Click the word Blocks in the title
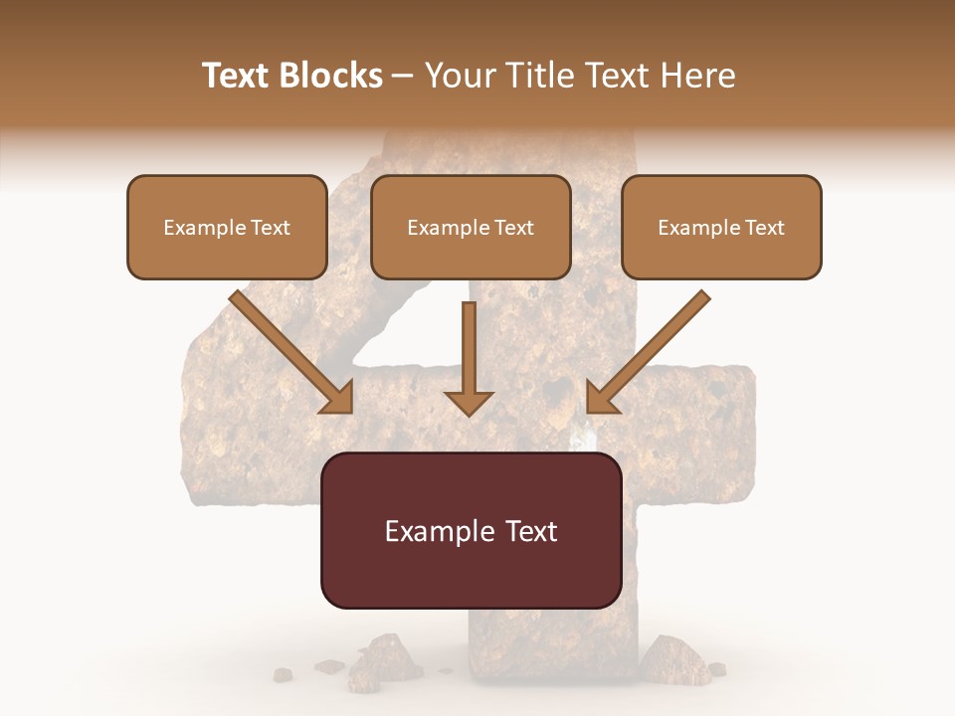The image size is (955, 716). [x=329, y=76]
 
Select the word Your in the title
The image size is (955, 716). [x=462, y=76]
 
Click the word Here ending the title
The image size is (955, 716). [x=699, y=76]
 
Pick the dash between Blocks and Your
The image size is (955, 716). [x=403, y=77]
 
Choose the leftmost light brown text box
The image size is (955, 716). [x=227, y=227]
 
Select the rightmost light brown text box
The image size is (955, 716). [x=721, y=227]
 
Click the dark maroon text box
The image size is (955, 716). [x=471, y=530]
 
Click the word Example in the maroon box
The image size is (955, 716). [x=435, y=531]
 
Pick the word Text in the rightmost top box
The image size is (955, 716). [x=764, y=228]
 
